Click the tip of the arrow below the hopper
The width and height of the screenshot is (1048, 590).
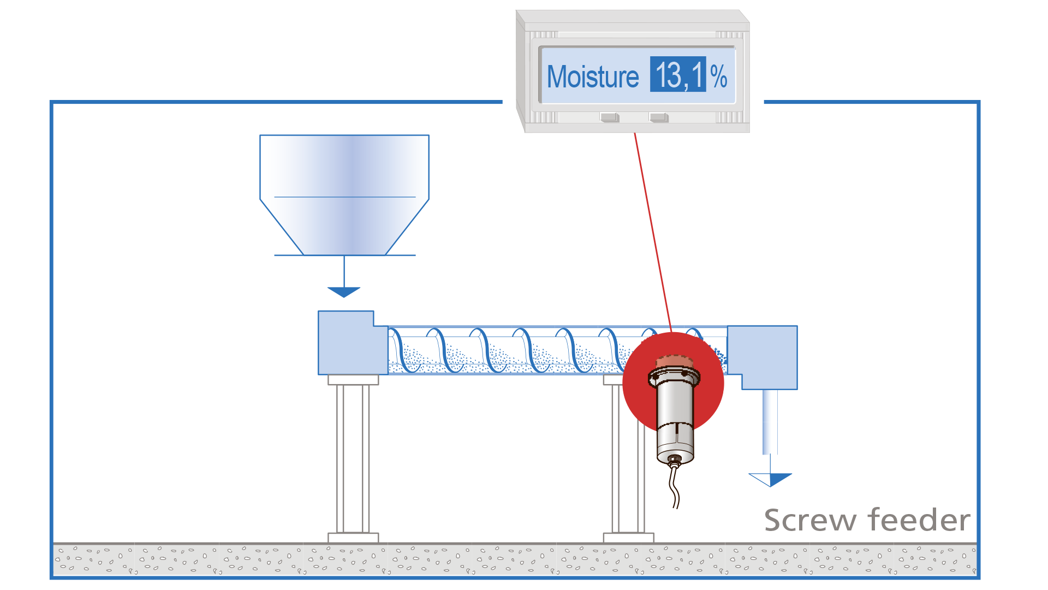pos(344,298)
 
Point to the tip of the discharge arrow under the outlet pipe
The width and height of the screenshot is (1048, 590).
pos(770,487)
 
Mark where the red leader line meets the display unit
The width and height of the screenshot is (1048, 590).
pos(634,133)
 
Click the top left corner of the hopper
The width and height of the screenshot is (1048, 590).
pos(260,135)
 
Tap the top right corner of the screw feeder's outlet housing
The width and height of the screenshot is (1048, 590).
pos(797,326)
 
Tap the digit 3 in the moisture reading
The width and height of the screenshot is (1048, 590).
pos(673,75)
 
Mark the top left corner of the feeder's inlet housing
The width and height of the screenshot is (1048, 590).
pos(318,311)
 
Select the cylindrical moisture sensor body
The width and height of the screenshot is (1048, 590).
pos(675,415)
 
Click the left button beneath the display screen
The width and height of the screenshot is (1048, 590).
pos(609,117)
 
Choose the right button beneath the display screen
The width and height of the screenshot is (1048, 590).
pos(658,117)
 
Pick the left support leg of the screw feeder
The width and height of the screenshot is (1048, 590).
pos(353,458)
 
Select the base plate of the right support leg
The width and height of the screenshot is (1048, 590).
pos(628,538)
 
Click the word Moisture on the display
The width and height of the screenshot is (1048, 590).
pos(593,77)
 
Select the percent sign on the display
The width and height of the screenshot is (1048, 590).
pos(719,76)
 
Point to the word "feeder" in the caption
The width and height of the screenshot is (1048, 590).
pos(919,519)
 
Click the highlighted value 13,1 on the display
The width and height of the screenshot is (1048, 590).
pos(678,74)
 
